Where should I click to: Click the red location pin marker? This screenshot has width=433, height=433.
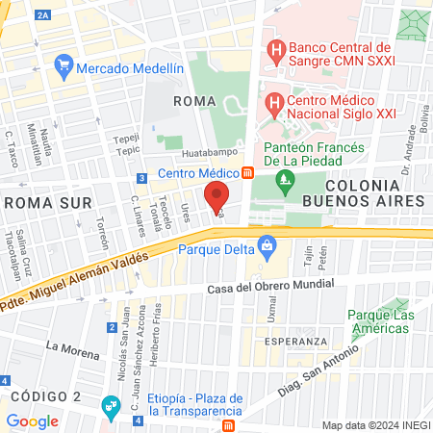217,195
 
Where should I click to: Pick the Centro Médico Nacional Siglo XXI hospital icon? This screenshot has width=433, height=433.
274,101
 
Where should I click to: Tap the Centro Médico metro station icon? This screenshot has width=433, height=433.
247,173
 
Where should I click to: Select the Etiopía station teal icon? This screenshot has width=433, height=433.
112,400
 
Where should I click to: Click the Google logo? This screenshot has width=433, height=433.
32,420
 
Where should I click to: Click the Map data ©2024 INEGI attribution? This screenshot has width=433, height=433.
375,424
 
